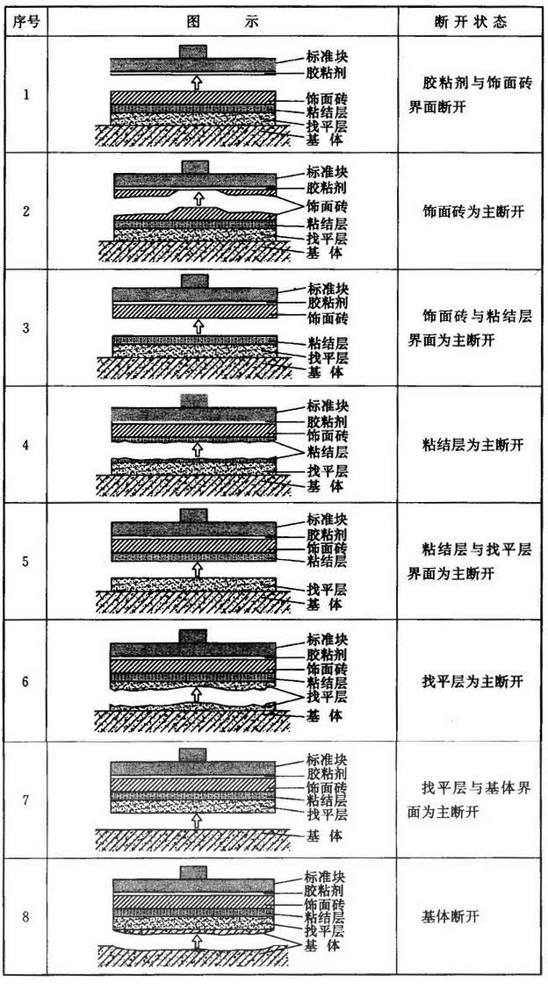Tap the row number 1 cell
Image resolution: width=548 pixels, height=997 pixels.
point(25,94)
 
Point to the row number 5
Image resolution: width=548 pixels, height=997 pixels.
point(25,561)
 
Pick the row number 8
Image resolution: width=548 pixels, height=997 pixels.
point(25,917)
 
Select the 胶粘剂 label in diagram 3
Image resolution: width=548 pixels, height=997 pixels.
point(326,301)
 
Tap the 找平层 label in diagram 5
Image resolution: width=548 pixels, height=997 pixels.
point(326,589)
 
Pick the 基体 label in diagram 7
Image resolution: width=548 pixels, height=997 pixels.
point(326,834)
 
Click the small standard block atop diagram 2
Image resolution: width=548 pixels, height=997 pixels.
point(194,166)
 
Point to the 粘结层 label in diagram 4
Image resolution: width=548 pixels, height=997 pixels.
point(326,450)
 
